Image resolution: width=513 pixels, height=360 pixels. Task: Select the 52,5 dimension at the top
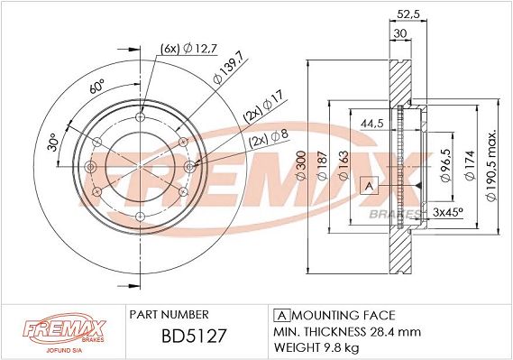(x=410, y=13)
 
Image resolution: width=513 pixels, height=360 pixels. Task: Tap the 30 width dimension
(x=398, y=33)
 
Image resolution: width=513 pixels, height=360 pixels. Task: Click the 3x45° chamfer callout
(x=448, y=212)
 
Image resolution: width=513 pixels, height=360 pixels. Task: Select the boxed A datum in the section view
(x=367, y=186)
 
